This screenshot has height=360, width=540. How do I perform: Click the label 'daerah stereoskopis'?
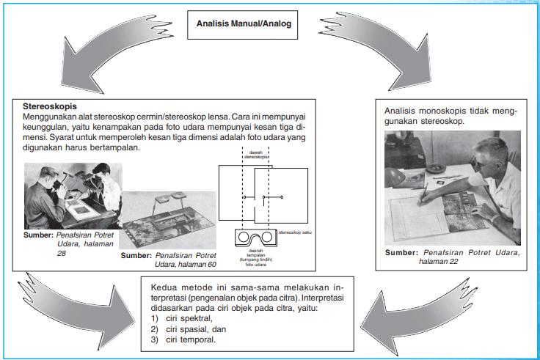tap(256, 155)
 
